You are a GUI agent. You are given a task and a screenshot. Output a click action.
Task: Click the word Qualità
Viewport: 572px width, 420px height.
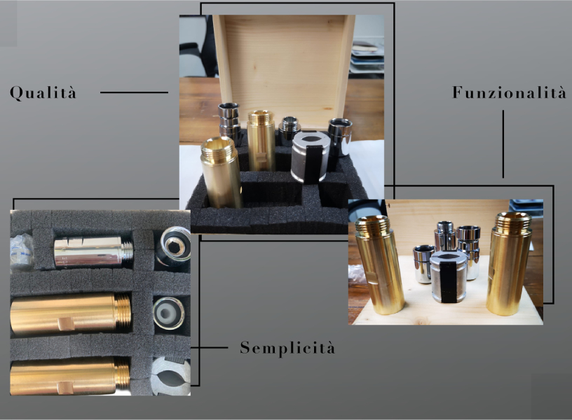43,92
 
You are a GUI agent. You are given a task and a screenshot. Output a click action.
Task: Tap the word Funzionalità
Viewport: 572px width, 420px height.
509,92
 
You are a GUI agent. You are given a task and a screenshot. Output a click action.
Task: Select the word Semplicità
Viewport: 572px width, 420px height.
287,347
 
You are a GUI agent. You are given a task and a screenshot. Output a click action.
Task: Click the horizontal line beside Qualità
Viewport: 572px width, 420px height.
134,92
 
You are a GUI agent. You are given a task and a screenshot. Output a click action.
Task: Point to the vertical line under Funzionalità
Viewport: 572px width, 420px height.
503,144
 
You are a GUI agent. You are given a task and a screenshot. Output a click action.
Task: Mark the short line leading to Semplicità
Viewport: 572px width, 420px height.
209,347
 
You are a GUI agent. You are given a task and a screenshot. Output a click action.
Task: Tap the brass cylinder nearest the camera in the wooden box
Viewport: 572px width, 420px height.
221,172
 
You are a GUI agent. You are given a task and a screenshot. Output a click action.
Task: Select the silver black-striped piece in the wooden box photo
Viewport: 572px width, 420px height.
311,157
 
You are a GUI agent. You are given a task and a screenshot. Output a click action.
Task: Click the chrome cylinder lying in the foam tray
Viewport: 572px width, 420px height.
93,251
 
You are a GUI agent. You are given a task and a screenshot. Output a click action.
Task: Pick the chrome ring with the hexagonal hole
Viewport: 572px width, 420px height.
173,246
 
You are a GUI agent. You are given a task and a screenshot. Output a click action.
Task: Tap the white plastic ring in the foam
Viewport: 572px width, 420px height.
168,314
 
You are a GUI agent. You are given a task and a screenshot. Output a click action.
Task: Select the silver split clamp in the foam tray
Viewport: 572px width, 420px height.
171,376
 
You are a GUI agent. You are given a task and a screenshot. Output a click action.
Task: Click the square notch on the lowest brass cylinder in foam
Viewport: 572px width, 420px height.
66,388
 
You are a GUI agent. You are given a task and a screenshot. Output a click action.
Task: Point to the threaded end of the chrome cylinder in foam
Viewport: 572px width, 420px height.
127,251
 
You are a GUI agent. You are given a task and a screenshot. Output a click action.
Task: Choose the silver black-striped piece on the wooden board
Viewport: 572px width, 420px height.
449,276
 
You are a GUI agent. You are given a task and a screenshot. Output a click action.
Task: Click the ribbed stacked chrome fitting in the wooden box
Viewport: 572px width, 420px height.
229,122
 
